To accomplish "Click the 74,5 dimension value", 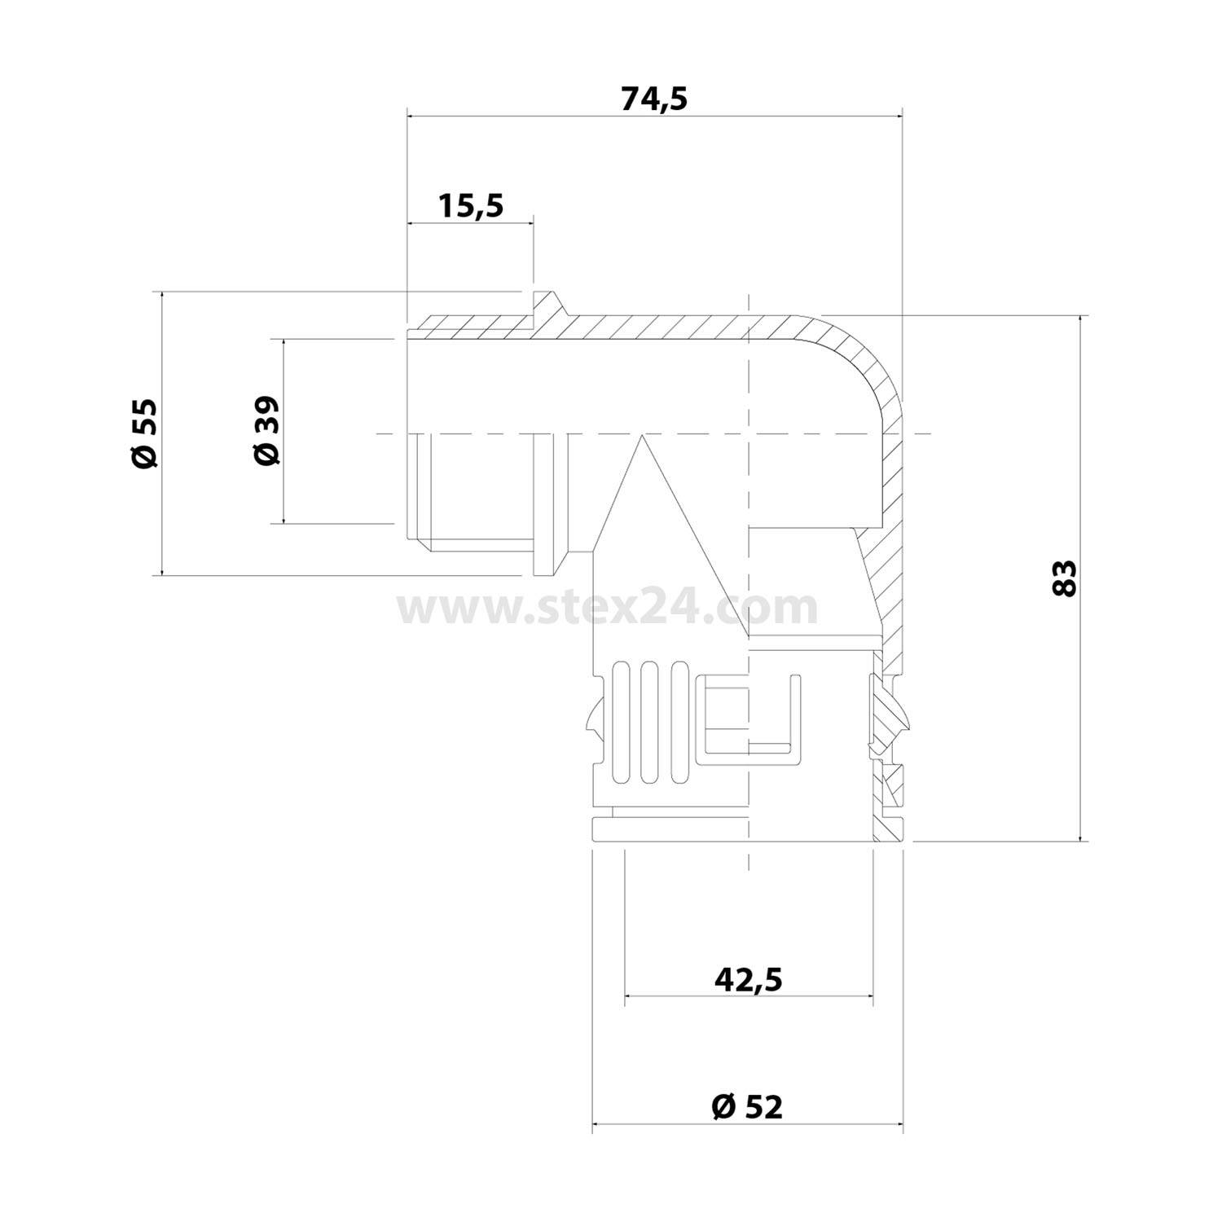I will [654, 99].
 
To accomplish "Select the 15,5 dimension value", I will [471, 206].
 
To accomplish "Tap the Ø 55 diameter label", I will [144, 433].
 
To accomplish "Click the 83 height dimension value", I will [1063, 578].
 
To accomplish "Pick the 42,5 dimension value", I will [748, 979].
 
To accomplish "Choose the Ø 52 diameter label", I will [746, 1106].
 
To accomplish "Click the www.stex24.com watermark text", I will [607, 607].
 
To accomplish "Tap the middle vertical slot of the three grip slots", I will [649, 723].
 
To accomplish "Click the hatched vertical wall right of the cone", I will [888, 570].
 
